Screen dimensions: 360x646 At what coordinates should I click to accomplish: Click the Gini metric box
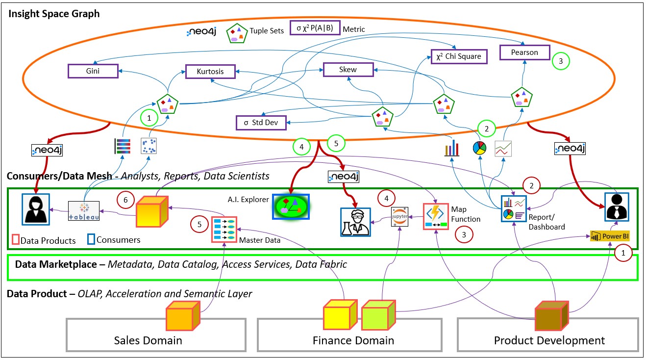(x=93, y=71)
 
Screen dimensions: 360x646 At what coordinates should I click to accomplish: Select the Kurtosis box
(x=211, y=72)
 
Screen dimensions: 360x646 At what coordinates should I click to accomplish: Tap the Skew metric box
(x=348, y=70)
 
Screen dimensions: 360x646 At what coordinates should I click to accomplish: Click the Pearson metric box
(x=525, y=52)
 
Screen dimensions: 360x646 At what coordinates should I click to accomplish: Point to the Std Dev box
(x=261, y=122)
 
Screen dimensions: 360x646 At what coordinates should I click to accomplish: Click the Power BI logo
(x=610, y=236)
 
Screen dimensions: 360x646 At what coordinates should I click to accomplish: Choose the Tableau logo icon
(x=83, y=210)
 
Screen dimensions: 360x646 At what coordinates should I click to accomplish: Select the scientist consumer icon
(x=356, y=221)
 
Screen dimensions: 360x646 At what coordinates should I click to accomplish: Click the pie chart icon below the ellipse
(x=480, y=148)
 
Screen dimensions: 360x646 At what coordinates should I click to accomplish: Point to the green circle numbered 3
(x=561, y=61)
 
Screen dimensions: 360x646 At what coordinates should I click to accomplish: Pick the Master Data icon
(x=224, y=229)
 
